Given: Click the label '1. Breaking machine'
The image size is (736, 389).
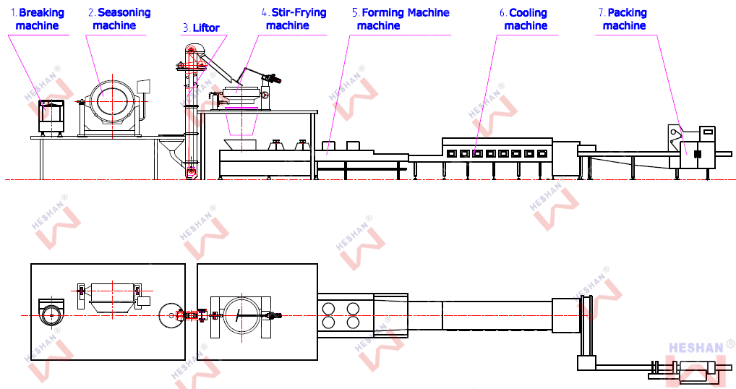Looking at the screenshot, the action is pos(37,20).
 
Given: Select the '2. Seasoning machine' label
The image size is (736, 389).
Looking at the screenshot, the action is pos(119,20).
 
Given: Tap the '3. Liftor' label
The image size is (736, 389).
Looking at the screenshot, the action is pos(202,28).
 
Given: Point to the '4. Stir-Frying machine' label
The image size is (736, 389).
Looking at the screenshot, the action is pos(294,20).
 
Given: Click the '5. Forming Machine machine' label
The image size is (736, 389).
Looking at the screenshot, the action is pos(401,20).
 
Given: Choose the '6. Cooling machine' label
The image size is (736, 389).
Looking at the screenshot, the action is pos(523,20).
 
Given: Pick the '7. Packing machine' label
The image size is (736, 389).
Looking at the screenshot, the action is pos(623,20).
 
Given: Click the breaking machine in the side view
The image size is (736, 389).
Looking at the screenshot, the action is pos(51,117).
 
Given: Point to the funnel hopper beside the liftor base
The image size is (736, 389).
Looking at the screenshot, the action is pos(172,150).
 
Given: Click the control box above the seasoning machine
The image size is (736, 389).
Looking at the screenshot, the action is pos(143,87).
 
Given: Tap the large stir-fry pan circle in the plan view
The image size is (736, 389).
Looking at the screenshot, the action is pos(242,316).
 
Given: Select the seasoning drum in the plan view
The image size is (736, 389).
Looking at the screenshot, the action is pos(112,297).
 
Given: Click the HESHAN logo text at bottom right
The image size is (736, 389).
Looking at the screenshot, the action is pos(696,348).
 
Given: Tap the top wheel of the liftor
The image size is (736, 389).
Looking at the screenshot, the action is pos(189,50).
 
